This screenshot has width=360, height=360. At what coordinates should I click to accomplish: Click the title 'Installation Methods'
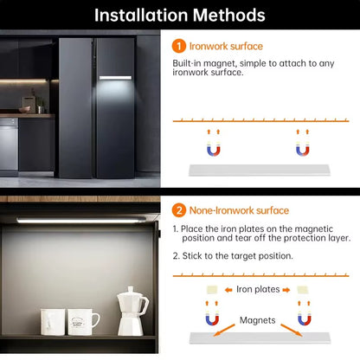coord(180,15)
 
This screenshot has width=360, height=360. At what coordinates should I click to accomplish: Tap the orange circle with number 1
coord(179,46)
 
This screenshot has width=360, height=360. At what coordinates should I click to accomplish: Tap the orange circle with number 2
coord(179,210)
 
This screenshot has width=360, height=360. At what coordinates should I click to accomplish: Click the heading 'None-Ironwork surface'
coord(240,210)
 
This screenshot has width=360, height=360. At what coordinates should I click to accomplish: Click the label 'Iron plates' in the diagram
coord(258,289)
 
